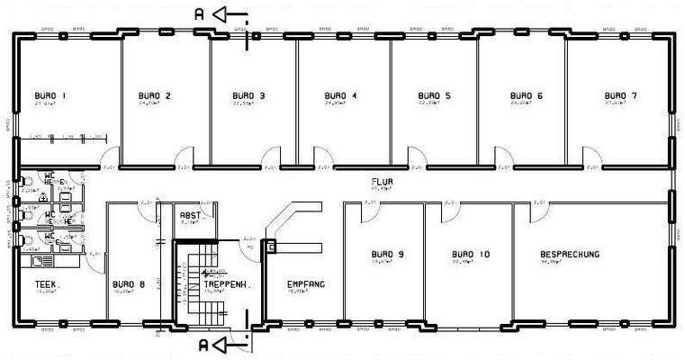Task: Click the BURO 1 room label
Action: pos(50,94)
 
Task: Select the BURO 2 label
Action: pos(155,94)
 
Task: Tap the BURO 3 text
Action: pos(248,94)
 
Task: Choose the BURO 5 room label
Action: pos(435,94)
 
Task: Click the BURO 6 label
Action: pos(527,94)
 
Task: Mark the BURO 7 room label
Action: pos(620,94)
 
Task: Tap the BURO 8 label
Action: pos(129,283)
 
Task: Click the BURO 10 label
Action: pos(471,255)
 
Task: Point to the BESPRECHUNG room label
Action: pos(570,255)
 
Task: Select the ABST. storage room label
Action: pos(191,216)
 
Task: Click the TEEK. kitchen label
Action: pos(47,283)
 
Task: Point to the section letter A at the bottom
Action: pos(205,345)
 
